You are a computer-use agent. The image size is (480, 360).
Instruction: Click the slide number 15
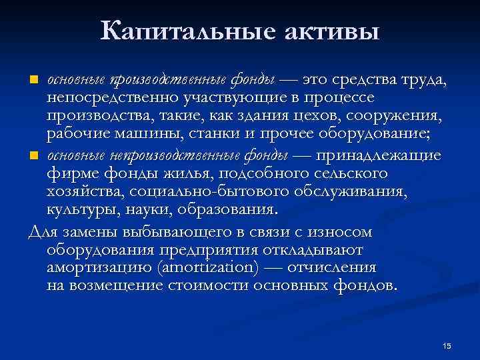(447, 345)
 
